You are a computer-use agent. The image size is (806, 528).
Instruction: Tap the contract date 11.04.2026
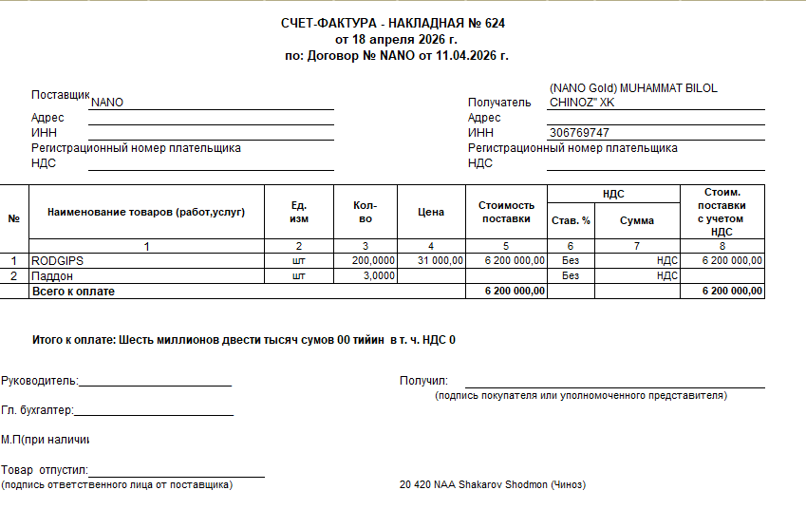pos(477,55)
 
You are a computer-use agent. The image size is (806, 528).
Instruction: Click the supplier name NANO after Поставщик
pos(107,103)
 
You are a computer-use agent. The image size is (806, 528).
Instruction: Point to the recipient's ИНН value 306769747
pos(579,133)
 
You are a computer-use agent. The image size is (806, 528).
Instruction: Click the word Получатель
pos(499,103)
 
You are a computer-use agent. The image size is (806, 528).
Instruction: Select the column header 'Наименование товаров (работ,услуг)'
pos(146,212)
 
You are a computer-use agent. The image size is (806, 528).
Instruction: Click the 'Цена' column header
pos(431,213)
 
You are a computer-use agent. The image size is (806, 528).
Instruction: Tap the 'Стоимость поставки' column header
pos(506,212)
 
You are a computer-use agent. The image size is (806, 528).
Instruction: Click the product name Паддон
pos(52,276)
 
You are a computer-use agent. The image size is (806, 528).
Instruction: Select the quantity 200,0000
pos(373,260)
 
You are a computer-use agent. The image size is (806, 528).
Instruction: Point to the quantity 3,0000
pos(378,276)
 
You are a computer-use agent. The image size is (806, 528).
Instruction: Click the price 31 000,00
pos(438,260)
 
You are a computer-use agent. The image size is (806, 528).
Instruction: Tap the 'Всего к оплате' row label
pos(73,292)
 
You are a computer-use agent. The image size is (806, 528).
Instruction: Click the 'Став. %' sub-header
pos(571,220)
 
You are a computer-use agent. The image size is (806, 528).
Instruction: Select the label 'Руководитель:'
pos(39,381)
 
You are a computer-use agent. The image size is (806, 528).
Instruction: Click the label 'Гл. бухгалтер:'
pos(37,410)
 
